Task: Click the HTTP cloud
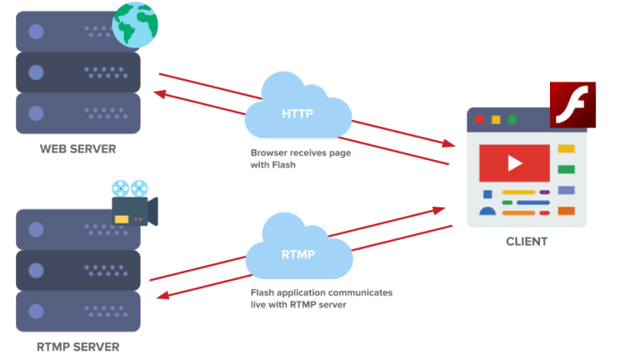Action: point(297,108)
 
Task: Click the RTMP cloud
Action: point(297,250)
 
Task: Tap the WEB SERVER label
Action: point(78,150)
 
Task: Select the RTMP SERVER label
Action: point(78,347)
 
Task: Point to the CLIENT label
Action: point(527,242)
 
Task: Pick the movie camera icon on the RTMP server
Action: point(132,204)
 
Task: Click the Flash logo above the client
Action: point(572,105)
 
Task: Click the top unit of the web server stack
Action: point(78,32)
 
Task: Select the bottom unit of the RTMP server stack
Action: point(78,311)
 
